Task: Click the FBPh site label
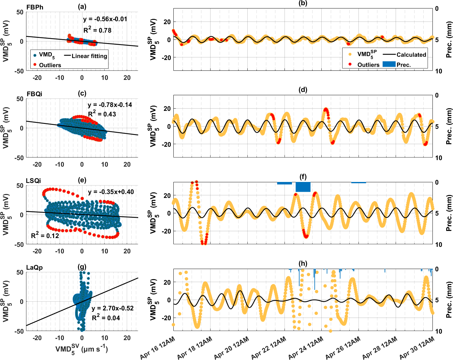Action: [35, 7]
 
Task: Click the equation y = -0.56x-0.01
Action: [105, 19]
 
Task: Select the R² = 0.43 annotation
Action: [102, 114]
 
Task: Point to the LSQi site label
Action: [34, 181]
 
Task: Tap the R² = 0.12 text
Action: [45, 235]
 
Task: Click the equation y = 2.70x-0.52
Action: [112, 308]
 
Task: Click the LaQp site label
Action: [35, 267]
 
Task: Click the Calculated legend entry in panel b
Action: [411, 55]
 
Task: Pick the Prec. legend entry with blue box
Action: [403, 65]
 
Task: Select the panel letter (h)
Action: [303, 263]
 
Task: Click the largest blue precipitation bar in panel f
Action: [303, 187]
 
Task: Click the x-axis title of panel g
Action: [81, 349]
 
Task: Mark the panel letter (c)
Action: [82, 94]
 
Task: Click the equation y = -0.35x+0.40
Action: [111, 192]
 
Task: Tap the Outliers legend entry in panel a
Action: [50, 65]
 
